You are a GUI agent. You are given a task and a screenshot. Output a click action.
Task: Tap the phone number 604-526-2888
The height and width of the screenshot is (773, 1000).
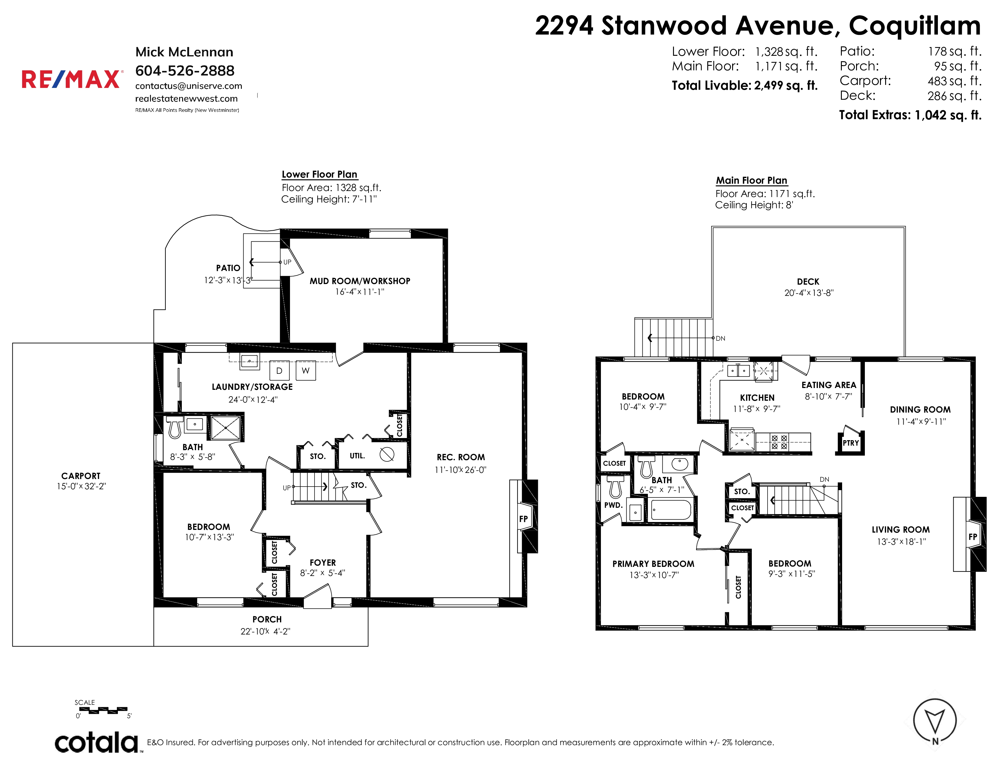(185, 71)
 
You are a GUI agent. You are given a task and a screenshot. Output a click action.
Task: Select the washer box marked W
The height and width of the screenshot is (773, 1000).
(305, 370)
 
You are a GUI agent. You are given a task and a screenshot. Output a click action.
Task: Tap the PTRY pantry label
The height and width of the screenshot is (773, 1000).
(851, 443)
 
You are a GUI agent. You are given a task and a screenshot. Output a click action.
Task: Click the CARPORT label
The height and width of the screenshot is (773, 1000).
(81, 476)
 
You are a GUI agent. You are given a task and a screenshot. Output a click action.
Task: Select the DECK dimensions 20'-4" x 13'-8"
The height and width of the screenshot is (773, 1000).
(808, 293)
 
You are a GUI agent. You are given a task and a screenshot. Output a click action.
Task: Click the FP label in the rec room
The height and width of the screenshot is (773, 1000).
(523, 519)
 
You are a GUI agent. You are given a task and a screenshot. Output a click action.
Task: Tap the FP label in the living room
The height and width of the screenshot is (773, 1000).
(972, 537)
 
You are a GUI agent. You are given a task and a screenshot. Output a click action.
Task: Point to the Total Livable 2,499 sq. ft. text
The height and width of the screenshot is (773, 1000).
(745, 85)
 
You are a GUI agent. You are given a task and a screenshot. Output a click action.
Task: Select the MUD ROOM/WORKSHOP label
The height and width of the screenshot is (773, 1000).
(360, 281)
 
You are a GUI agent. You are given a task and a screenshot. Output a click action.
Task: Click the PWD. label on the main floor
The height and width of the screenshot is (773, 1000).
(613, 505)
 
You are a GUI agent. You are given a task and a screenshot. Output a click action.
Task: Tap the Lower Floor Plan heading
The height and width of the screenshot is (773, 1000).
(320, 175)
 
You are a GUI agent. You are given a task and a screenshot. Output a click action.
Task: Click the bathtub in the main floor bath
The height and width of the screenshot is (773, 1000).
(671, 510)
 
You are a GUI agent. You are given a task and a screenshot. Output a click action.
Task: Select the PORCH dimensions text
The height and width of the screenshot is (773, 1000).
(265, 631)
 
